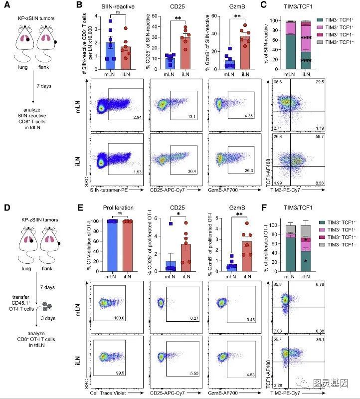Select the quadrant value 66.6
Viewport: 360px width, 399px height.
(278, 81)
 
